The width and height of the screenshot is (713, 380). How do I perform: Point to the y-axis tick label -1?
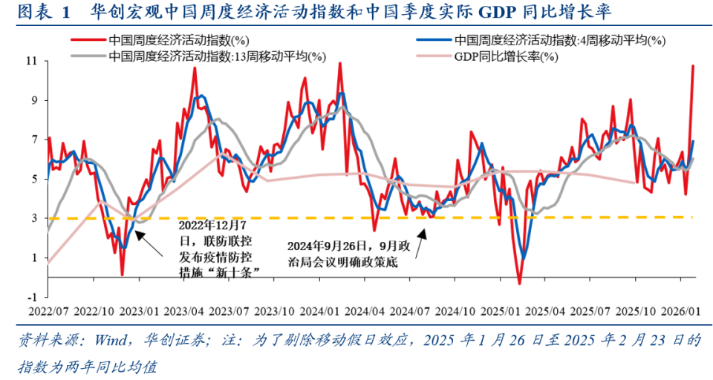tap(32, 296)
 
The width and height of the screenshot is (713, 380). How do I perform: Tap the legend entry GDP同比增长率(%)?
tap(506, 56)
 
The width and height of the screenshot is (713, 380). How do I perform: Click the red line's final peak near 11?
tap(693, 65)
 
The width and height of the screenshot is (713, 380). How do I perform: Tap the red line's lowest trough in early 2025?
tap(519, 284)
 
